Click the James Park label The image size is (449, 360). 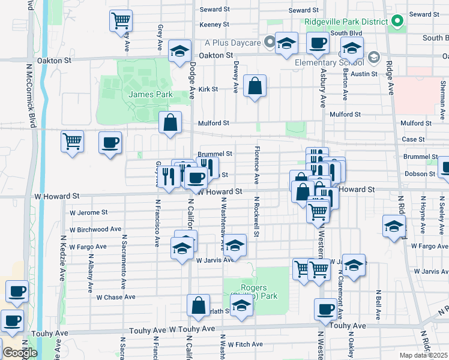tap(151, 94)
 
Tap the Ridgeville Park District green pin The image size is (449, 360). tap(397, 22)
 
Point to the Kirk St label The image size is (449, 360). tap(208, 89)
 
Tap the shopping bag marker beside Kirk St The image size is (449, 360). tap(255, 86)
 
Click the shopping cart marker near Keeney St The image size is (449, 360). tap(121, 20)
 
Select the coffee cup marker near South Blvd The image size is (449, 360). tap(318, 43)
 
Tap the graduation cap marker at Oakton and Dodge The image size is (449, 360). tap(179, 52)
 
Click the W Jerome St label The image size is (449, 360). tap(88, 212)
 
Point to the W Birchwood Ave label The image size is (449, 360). tap(95, 229)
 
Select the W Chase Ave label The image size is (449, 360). tap(116, 297)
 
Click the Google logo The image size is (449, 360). tap(20, 353)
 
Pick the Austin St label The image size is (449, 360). tap(364, 74)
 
